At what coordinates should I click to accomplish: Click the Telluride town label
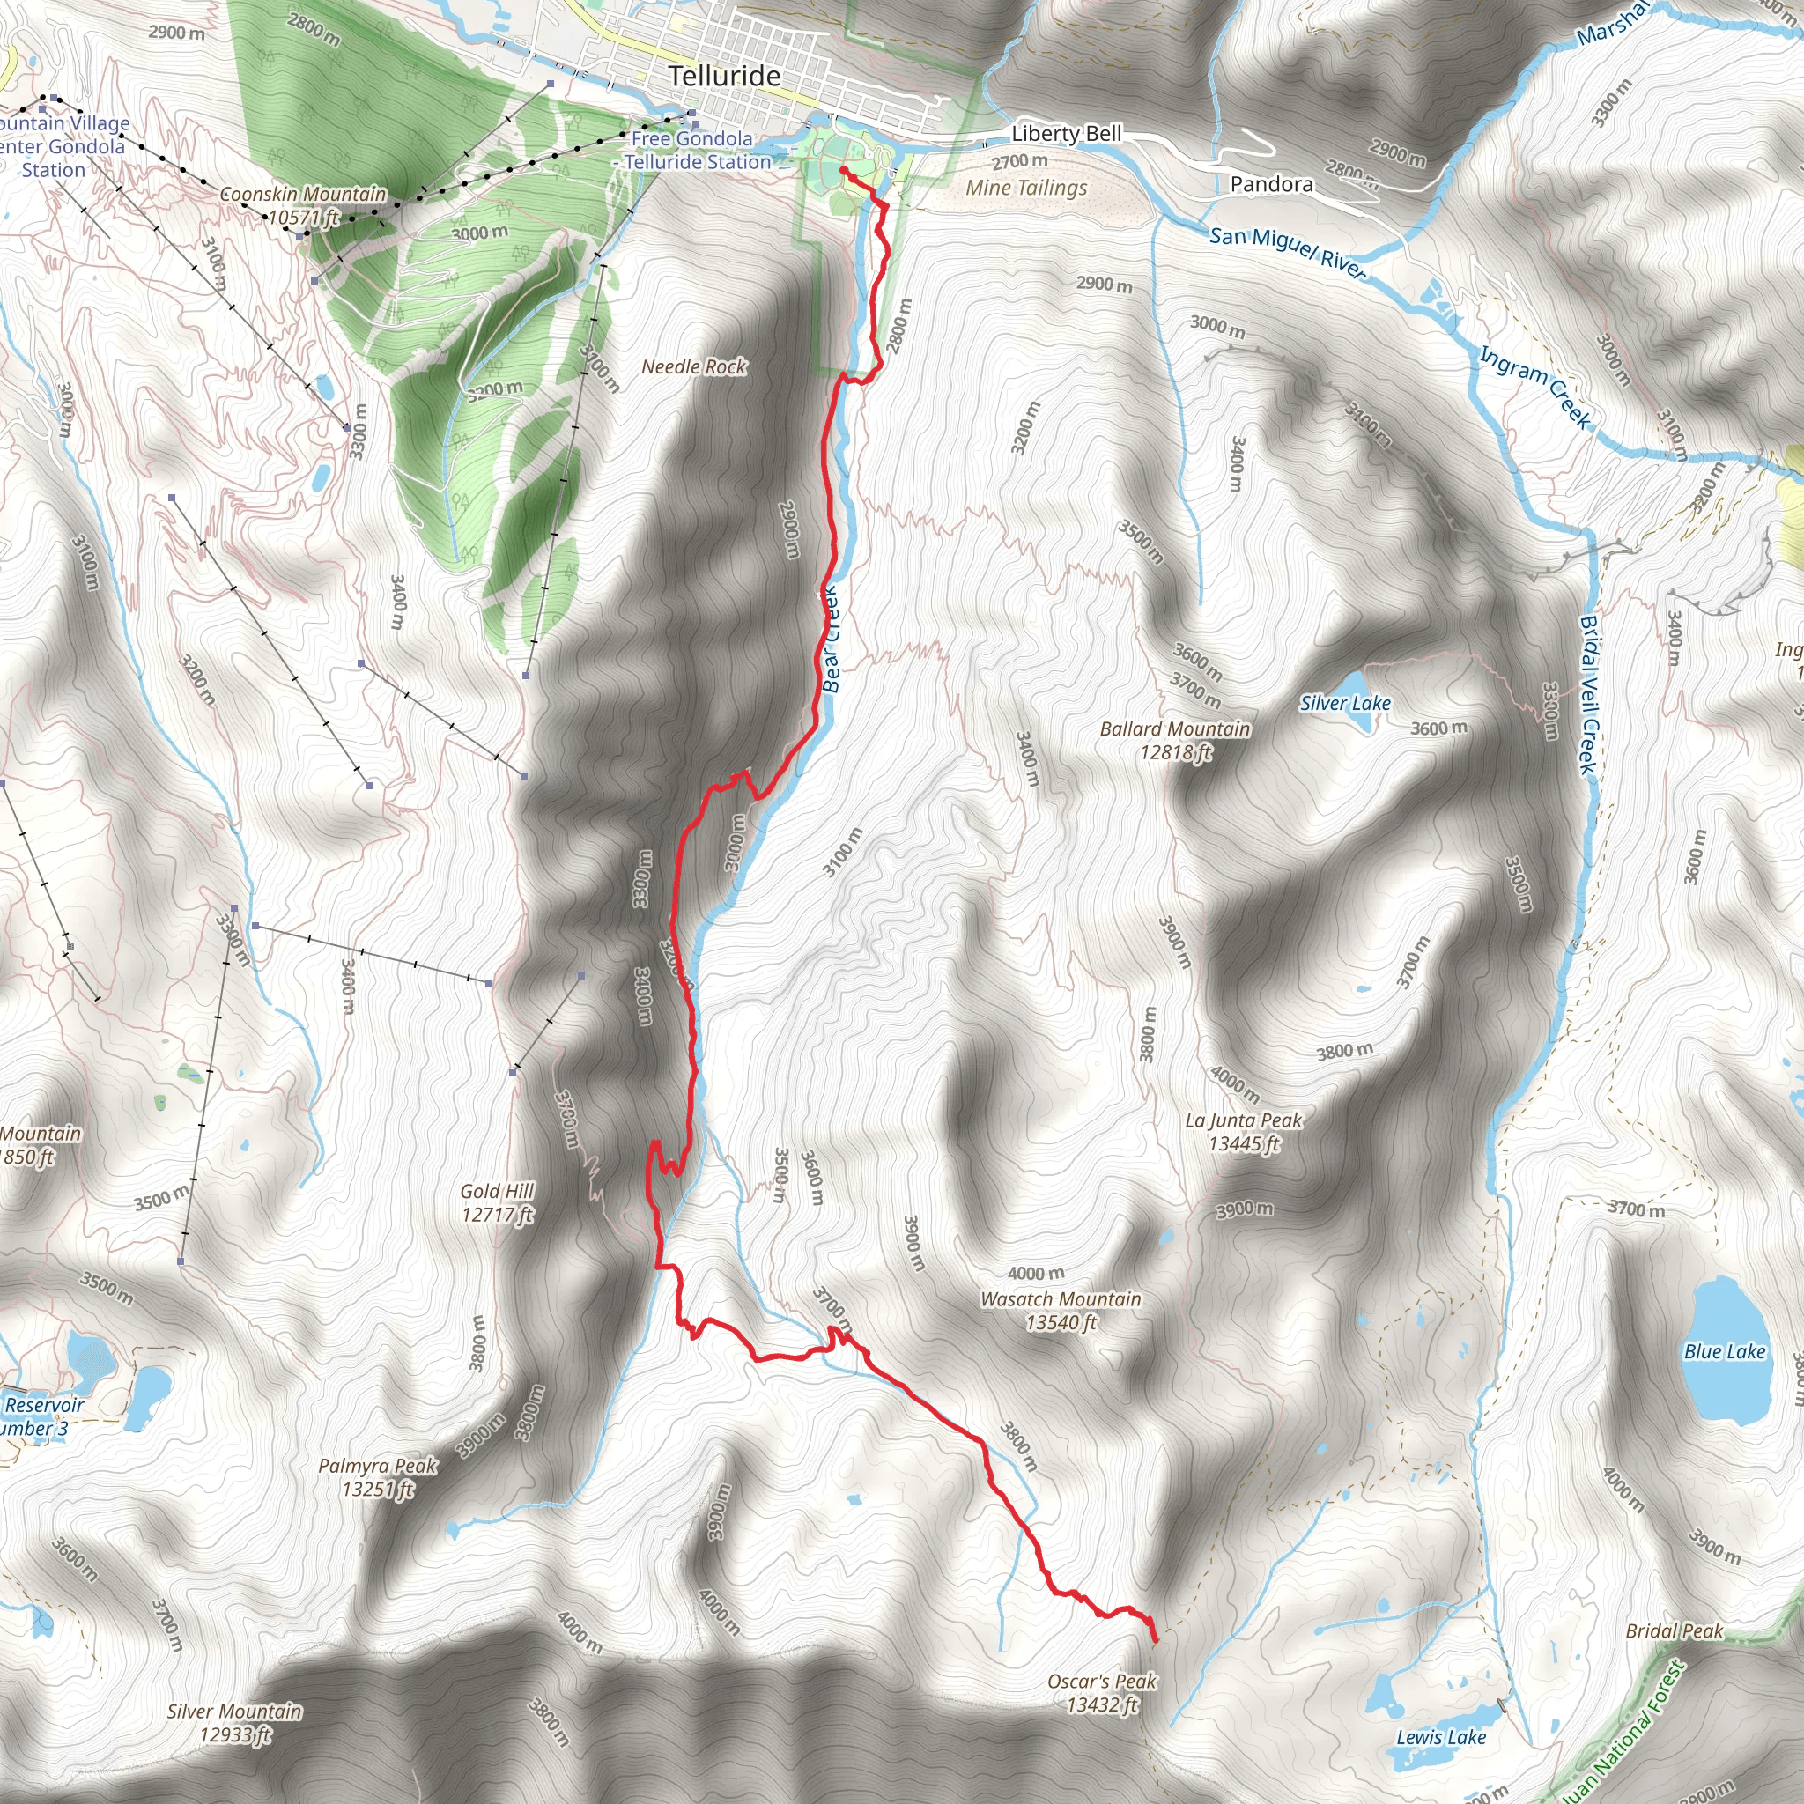coord(725,76)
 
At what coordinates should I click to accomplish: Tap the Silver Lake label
coord(1344,704)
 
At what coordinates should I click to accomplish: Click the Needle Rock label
coord(694,367)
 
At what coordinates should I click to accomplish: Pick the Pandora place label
coord(1271,184)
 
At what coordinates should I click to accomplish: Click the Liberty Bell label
coord(1067,134)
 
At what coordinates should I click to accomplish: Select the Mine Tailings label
coord(1026,188)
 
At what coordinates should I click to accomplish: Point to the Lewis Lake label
coord(1441,1737)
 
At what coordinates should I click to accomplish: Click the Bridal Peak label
coord(1675,1630)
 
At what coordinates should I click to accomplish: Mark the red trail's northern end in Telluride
coord(843,170)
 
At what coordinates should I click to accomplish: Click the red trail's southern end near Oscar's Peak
coord(1156,1639)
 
